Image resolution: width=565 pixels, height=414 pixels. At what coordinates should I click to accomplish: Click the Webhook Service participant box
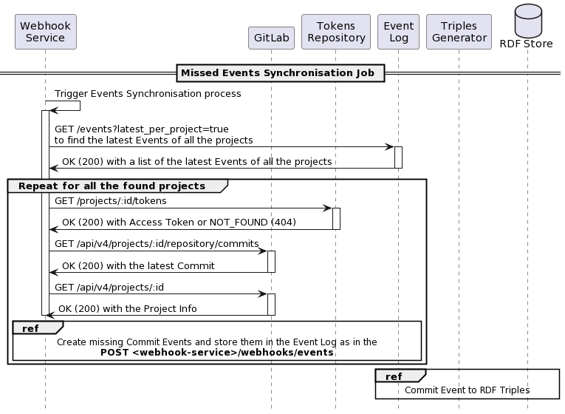click(x=45, y=32)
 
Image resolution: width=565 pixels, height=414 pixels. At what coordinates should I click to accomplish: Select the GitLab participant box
click(x=271, y=38)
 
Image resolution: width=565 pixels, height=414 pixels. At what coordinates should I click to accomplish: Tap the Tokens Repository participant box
click(x=336, y=32)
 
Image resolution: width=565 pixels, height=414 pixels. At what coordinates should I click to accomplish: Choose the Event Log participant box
click(x=398, y=32)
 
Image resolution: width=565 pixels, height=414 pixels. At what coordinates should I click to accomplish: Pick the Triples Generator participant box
click(x=459, y=32)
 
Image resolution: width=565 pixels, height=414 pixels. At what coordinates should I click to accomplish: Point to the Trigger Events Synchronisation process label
click(x=148, y=94)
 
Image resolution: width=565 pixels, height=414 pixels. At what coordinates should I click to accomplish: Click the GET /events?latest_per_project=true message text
click(x=142, y=129)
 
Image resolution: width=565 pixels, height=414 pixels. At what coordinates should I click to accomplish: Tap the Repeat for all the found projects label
click(x=112, y=186)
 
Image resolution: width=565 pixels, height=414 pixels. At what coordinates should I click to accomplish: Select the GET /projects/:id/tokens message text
click(x=111, y=201)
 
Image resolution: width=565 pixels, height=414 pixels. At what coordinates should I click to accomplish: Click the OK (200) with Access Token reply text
click(x=179, y=222)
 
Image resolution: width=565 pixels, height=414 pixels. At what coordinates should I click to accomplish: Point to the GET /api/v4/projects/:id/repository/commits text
click(x=157, y=244)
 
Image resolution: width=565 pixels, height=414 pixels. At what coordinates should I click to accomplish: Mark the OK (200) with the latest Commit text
click(x=138, y=266)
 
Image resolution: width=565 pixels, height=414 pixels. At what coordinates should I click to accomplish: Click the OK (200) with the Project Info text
click(x=128, y=309)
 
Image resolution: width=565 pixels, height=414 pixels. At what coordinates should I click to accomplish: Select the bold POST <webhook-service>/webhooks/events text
click(x=217, y=353)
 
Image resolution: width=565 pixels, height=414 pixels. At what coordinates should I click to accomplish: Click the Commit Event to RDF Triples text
click(x=468, y=390)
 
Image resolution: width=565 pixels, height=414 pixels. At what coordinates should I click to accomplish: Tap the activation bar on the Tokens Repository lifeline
click(x=336, y=219)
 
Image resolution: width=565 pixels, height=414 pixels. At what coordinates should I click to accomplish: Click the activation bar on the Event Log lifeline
click(x=398, y=157)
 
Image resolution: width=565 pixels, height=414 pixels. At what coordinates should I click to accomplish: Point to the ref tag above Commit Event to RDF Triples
click(x=394, y=377)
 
